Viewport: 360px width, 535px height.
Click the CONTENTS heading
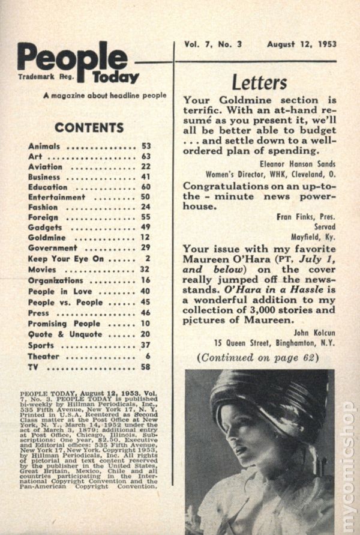point(89,127)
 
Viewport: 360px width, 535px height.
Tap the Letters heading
point(259,82)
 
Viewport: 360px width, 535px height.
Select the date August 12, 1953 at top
point(302,44)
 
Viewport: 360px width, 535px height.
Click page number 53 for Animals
point(146,146)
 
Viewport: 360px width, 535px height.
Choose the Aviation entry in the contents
point(45,166)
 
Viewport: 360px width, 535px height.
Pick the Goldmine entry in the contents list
point(48,238)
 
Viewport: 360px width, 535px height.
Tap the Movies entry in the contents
point(42,270)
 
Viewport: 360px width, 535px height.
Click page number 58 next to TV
point(146,367)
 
